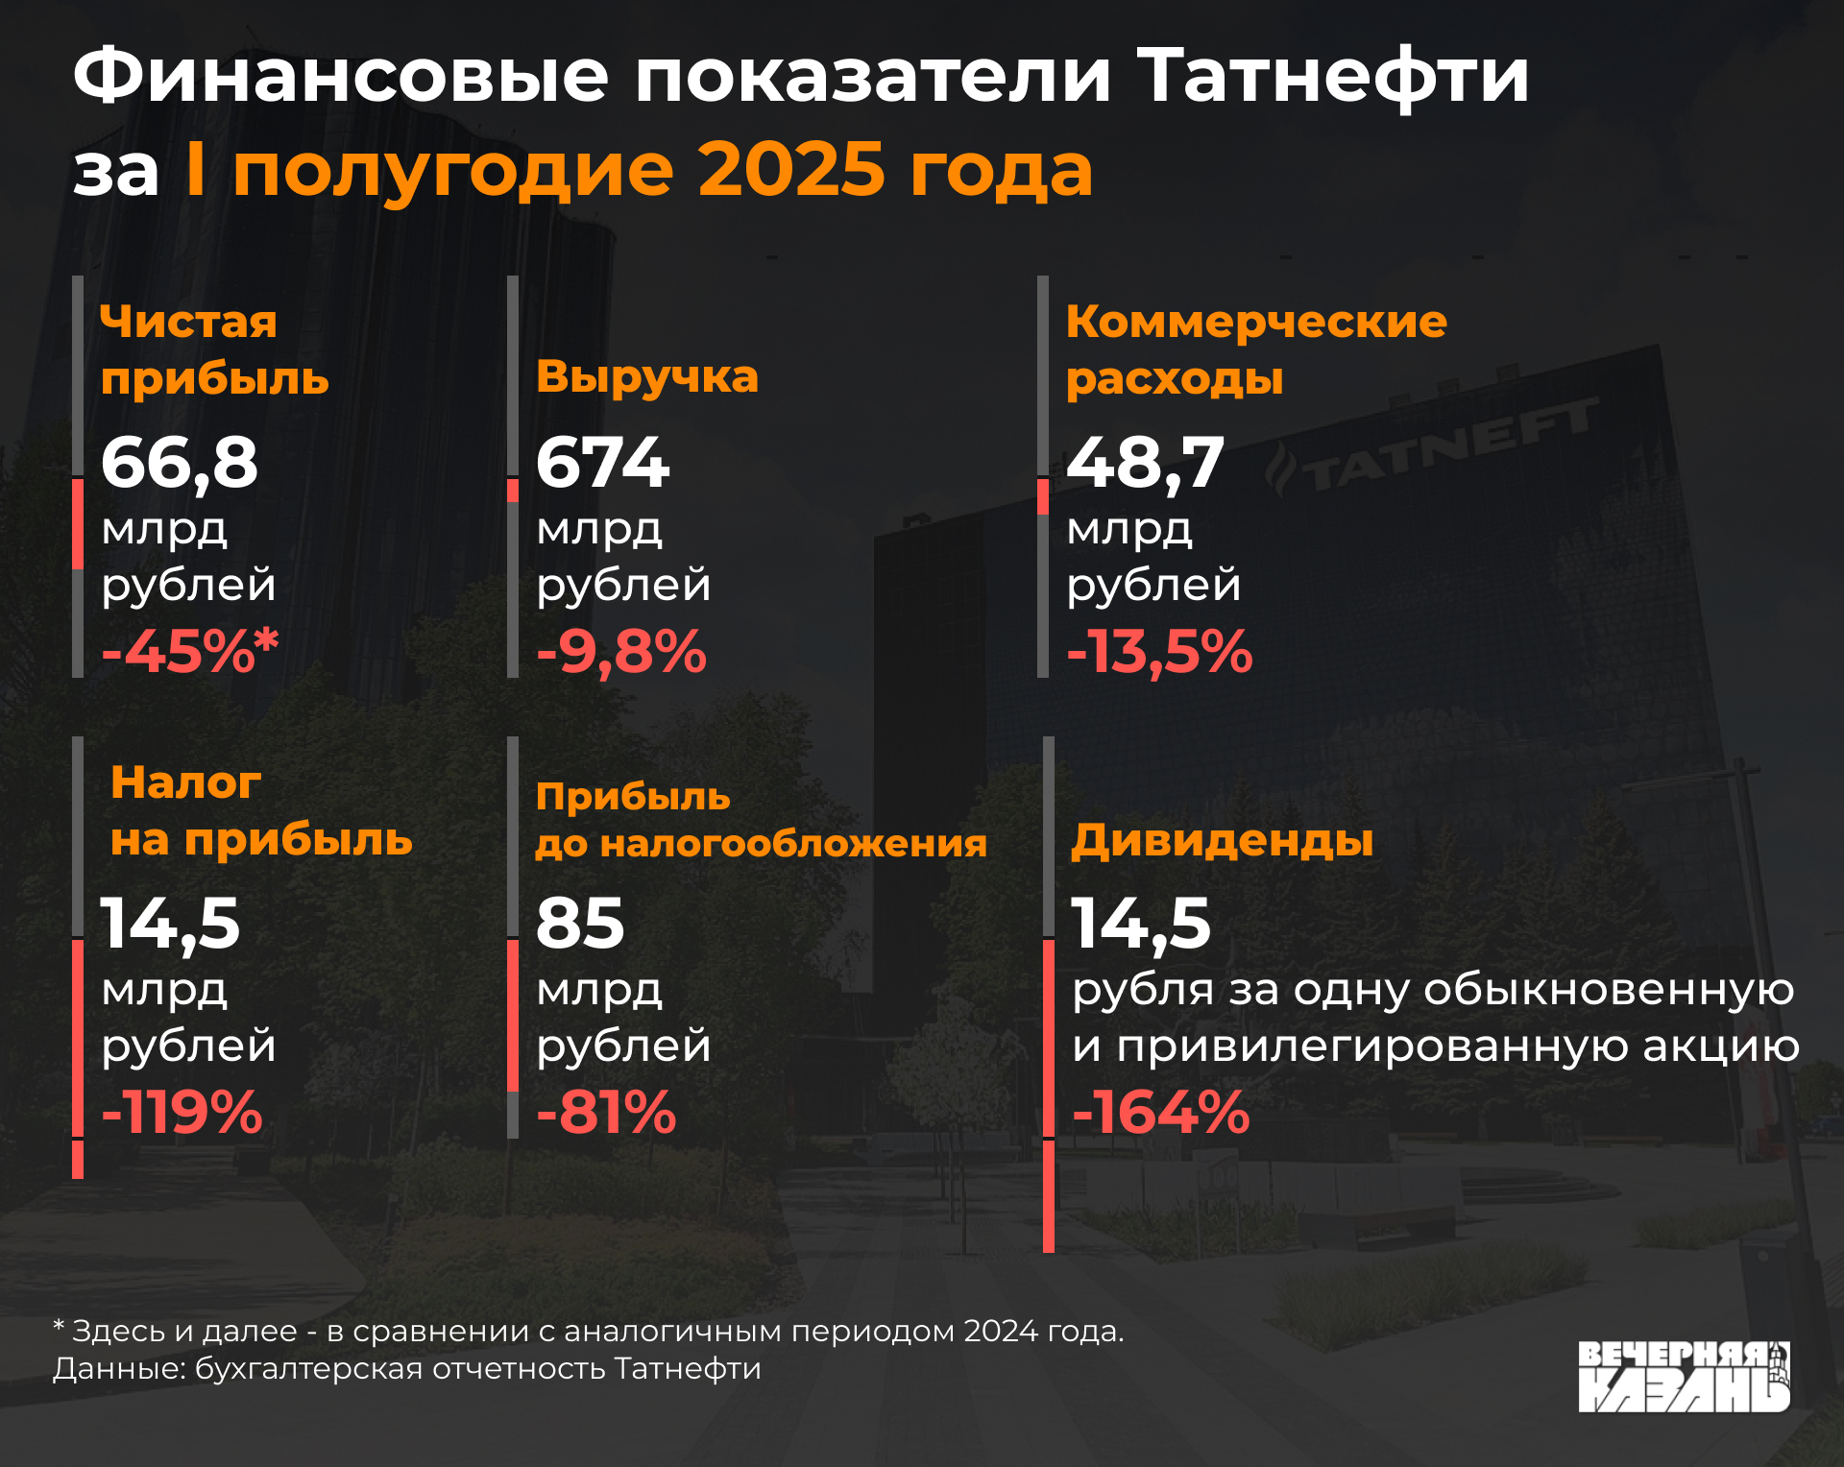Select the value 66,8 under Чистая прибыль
(180, 463)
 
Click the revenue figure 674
(602, 463)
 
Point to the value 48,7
(1145, 463)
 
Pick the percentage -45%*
(189, 651)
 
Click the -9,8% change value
(621, 651)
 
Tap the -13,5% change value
(1159, 651)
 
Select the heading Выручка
(646, 376)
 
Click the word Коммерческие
(1256, 322)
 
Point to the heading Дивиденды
(1222, 841)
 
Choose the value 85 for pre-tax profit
(580, 924)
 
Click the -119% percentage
(182, 1112)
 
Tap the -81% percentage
(606, 1112)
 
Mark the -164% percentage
(1160, 1112)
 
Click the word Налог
(185, 782)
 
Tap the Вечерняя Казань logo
(1684, 1377)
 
